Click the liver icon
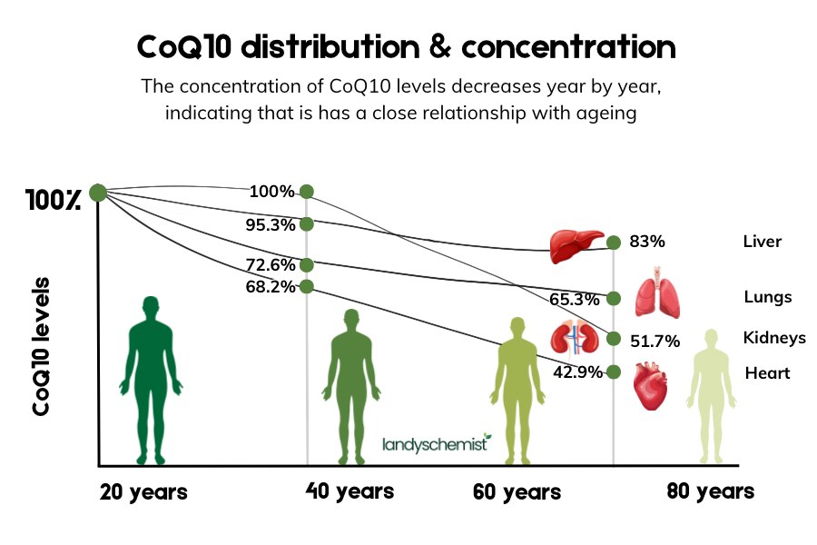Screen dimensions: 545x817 pyautogui.click(x=576, y=244)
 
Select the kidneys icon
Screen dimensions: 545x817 pyautogui.click(x=573, y=337)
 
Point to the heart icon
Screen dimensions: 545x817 pyautogui.click(x=651, y=385)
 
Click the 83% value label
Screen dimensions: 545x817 pyautogui.click(x=647, y=243)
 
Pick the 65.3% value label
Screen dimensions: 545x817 pyautogui.click(x=574, y=299)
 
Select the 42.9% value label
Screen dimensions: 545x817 pyautogui.click(x=577, y=372)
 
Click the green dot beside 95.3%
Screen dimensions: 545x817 pyautogui.click(x=307, y=223)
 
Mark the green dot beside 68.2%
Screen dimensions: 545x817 pyautogui.click(x=307, y=286)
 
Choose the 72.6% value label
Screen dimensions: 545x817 pyautogui.click(x=270, y=265)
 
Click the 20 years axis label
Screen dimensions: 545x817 pyautogui.click(x=143, y=492)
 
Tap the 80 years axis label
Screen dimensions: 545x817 pyautogui.click(x=710, y=491)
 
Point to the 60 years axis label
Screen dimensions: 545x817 pyautogui.click(x=517, y=492)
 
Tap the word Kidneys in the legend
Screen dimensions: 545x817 pyautogui.click(x=774, y=338)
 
